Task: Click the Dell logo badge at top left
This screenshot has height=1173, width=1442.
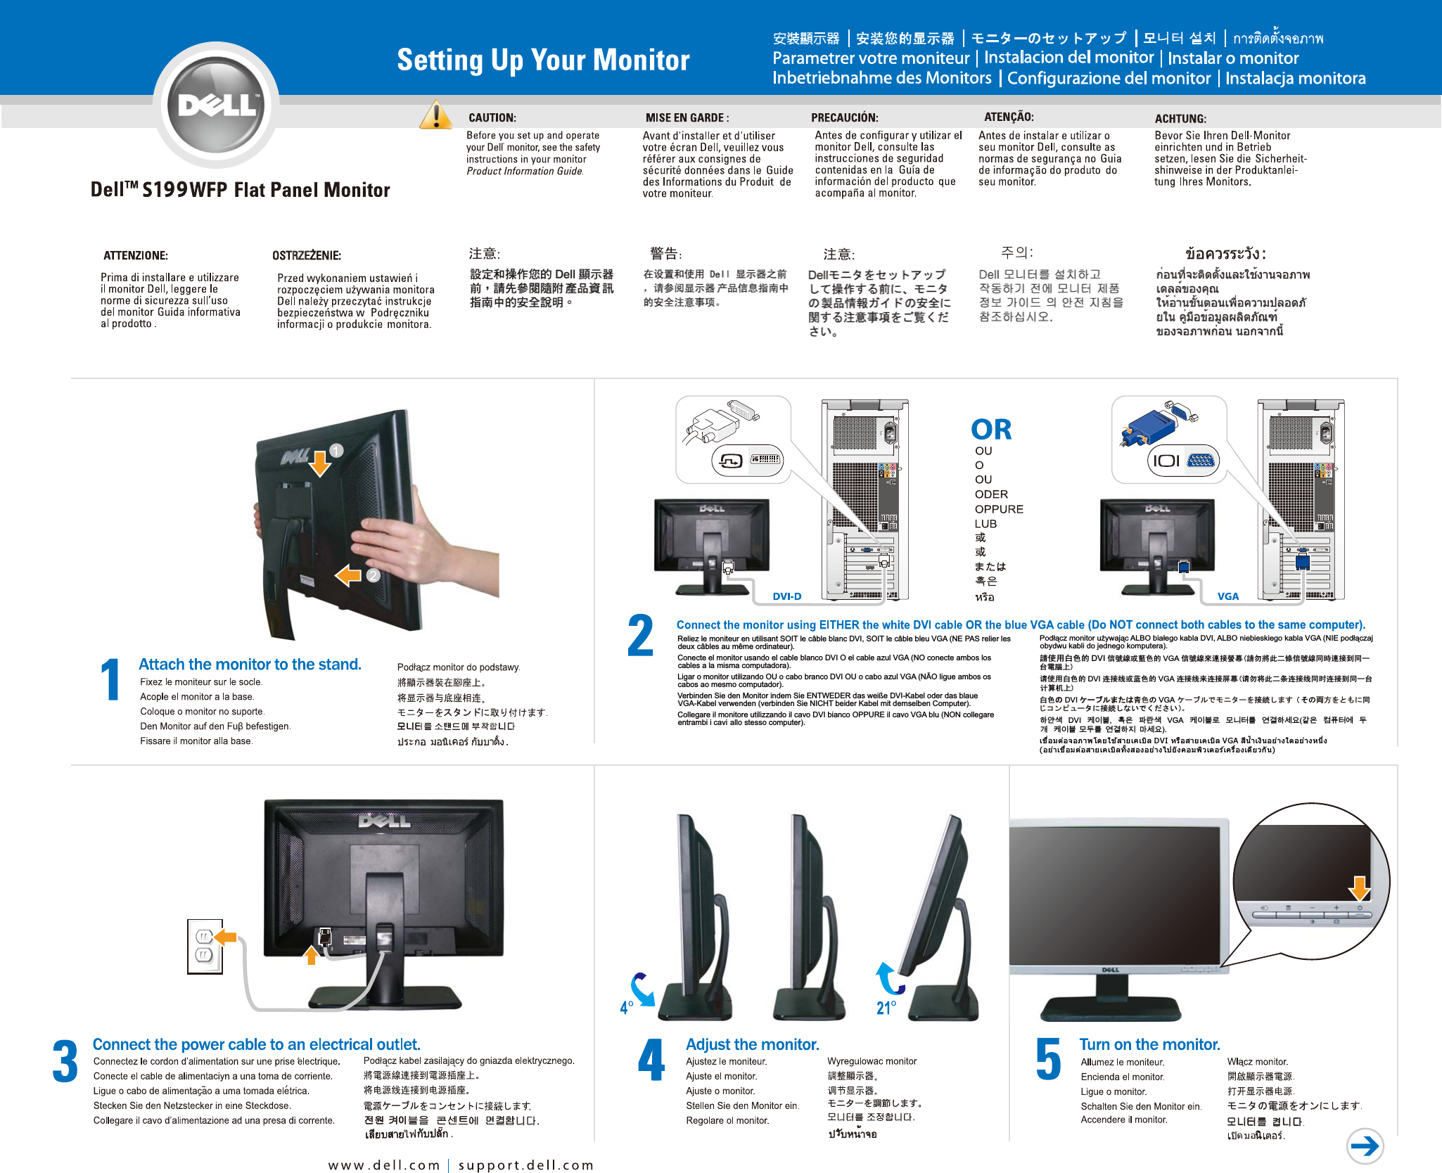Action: point(217,105)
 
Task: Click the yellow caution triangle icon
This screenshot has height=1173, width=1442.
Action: point(435,116)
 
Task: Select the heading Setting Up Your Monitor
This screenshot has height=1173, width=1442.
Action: point(543,60)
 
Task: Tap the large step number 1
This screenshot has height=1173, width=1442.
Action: point(110,680)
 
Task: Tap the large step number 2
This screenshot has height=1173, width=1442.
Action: point(640,636)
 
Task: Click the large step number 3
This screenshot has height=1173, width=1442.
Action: point(65,1062)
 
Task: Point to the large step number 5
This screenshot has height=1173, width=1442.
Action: point(1048,1060)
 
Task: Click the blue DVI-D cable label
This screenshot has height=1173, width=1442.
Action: point(786,596)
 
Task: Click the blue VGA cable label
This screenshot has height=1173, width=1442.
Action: point(1227,596)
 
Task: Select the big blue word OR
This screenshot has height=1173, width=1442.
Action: point(990,430)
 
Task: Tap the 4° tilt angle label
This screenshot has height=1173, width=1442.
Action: point(626,1008)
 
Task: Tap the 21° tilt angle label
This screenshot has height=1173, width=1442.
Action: point(886,1008)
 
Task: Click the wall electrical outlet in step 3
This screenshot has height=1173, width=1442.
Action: point(205,947)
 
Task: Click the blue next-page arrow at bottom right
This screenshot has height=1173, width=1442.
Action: point(1365,1146)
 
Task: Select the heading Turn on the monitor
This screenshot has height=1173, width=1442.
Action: point(1149,1044)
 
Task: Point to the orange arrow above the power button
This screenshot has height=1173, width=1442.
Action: point(1359,887)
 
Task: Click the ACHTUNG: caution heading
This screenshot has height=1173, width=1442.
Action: point(1180,119)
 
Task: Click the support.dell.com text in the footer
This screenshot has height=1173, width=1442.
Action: point(525,1165)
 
